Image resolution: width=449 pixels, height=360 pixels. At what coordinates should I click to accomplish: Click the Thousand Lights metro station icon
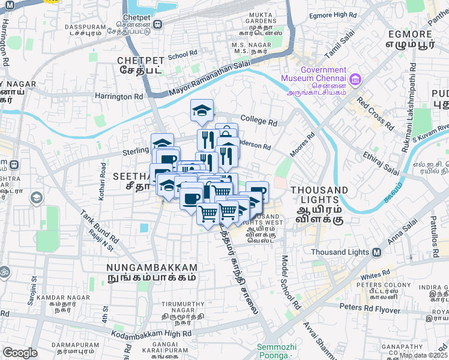[376, 252]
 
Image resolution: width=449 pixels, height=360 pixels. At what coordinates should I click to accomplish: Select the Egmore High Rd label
[332, 15]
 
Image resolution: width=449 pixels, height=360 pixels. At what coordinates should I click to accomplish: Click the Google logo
[20, 353]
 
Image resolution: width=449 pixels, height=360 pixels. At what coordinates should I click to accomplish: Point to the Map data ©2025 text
[423, 355]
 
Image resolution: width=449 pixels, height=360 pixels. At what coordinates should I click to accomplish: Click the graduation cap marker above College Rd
[202, 110]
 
